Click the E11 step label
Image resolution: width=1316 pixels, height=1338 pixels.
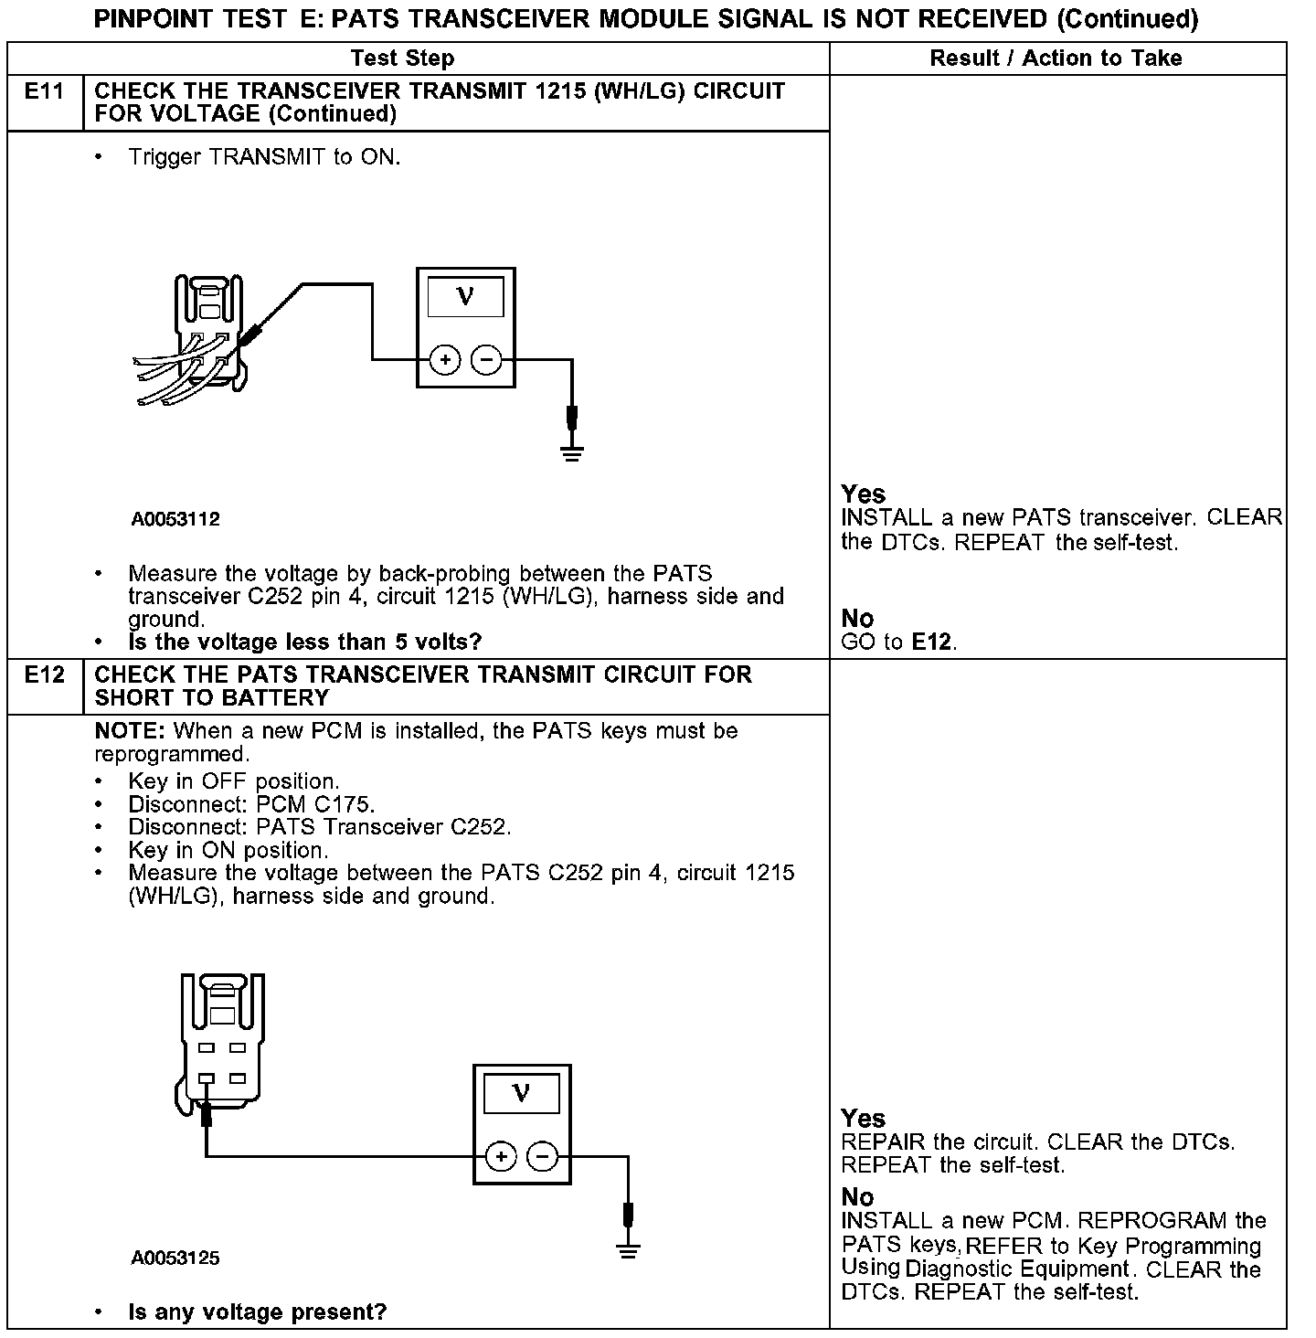pos(45,91)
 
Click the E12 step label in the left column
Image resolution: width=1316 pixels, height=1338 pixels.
pos(45,675)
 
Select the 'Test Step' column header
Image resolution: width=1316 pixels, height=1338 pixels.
pos(402,58)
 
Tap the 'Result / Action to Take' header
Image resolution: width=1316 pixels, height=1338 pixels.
pos(1056,58)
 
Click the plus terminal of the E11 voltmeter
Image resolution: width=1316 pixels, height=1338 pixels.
pos(445,360)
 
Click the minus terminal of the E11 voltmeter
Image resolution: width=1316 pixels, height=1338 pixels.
pos(486,360)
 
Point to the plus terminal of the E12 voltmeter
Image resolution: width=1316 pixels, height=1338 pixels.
pos(501,1157)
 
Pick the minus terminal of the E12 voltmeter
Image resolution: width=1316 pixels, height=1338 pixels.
pos(543,1157)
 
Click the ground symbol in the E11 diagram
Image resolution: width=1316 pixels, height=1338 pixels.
pos(572,452)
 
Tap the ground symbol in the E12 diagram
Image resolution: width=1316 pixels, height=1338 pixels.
pos(628,1249)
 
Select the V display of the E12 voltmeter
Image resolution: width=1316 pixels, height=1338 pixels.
pos(522,1093)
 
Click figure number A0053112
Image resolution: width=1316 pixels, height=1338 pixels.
pos(175,520)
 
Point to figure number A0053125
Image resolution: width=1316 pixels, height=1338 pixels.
pos(175,1258)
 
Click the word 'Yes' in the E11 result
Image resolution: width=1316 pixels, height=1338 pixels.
pos(863,494)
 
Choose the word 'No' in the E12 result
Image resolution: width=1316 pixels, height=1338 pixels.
pos(857,1197)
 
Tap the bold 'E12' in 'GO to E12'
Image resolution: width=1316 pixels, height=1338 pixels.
pos(933,642)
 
